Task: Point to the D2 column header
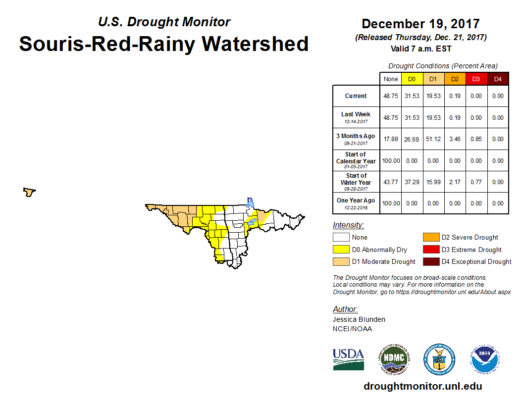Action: click(454, 79)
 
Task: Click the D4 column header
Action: click(498, 79)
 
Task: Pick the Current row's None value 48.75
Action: click(391, 96)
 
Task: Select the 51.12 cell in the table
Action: click(433, 139)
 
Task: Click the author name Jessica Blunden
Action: click(359, 319)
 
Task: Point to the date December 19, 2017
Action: click(420, 24)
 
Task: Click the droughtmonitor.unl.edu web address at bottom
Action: click(422, 386)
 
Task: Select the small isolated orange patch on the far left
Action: click(30, 192)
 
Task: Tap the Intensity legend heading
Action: click(348, 225)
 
